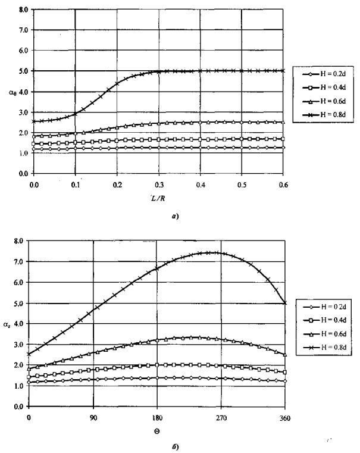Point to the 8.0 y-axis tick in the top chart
(23, 10)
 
